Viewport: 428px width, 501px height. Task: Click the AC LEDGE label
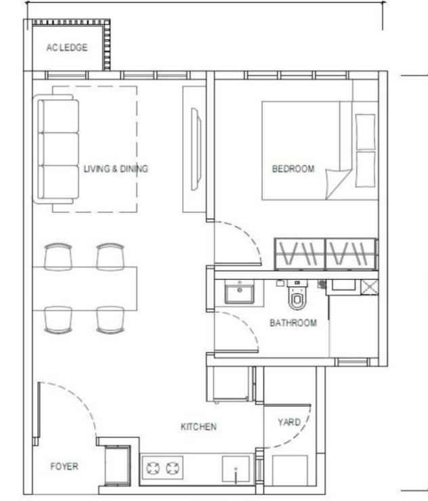pos(67,47)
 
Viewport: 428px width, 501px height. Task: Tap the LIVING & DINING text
pos(116,169)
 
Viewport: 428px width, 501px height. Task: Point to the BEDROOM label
pos(293,169)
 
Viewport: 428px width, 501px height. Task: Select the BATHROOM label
pos(293,323)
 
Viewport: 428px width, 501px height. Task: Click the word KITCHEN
pos(198,427)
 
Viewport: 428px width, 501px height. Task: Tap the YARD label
pos(289,422)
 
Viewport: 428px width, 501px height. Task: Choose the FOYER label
pos(64,466)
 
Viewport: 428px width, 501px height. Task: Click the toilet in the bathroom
pos(297,295)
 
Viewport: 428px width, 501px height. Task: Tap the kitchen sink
pos(236,469)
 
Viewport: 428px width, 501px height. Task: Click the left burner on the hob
pos(153,469)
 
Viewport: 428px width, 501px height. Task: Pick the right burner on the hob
pos(173,469)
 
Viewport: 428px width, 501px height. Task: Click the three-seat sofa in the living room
pos(56,149)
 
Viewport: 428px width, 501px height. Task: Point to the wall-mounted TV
pos(196,149)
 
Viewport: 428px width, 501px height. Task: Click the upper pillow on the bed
pos(365,131)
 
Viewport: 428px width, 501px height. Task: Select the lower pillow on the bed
pos(365,169)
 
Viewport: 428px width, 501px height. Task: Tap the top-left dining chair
pos(58,257)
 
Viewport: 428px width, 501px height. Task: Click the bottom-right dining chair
pos(110,320)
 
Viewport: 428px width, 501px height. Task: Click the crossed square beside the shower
pos(369,287)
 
